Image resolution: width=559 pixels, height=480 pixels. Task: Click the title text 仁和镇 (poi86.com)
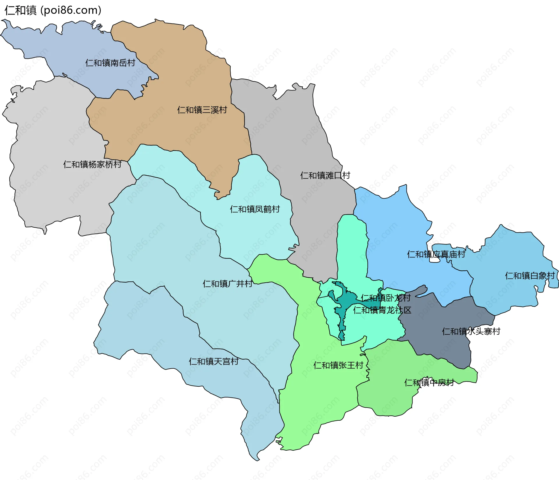click(x=53, y=10)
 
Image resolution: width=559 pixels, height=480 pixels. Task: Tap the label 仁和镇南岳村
click(x=110, y=63)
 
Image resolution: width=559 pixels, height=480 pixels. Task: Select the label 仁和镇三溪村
click(x=202, y=110)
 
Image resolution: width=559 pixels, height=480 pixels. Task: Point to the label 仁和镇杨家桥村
click(x=92, y=164)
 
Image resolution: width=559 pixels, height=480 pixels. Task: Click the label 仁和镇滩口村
click(x=325, y=175)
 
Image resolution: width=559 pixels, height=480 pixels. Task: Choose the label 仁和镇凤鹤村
click(x=255, y=209)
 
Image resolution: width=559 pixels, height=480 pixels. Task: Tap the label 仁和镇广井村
click(x=227, y=283)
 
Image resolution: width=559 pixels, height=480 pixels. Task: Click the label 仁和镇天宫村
click(x=214, y=361)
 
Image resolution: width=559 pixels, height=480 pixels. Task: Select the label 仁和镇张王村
click(x=338, y=365)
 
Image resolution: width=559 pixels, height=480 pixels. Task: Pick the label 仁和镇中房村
click(x=429, y=383)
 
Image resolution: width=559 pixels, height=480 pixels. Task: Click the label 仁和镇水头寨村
click(x=471, y=331)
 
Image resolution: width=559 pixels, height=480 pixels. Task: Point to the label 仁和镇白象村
click(x=530, y=276)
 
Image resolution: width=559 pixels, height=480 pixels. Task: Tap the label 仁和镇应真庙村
click(x=436, y=254)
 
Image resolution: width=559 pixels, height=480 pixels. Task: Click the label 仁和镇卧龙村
click(x=385, y=298)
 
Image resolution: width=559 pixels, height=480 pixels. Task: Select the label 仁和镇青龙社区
click(x=382, y=310)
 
